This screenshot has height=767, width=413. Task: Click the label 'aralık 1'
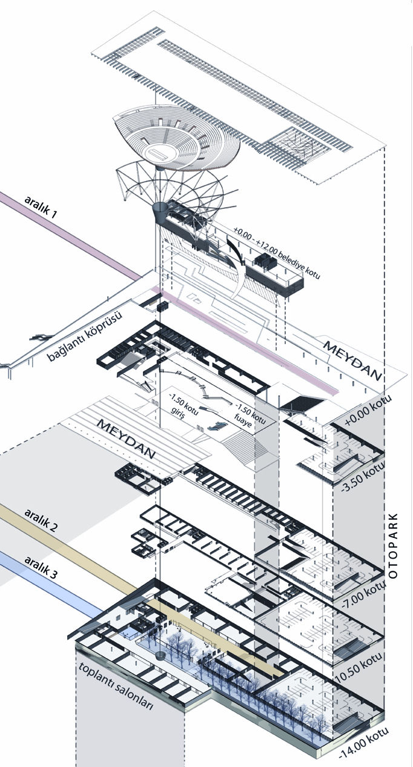41,207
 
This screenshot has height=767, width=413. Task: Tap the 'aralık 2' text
41,520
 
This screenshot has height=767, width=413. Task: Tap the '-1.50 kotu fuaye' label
249,414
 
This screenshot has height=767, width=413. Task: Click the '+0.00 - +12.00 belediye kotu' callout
277,253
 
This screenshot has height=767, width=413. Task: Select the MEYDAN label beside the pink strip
352,360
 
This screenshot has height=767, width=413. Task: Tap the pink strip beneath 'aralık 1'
70,235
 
